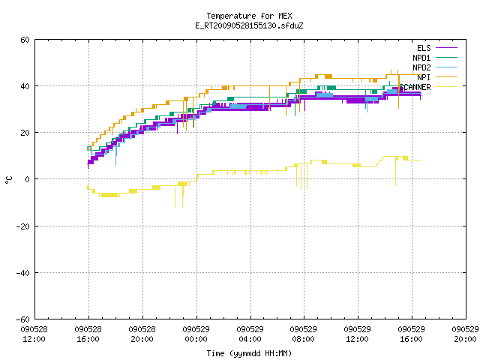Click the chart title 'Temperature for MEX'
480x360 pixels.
tap(249, 16)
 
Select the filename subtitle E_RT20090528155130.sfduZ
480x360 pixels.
tap(249, 25)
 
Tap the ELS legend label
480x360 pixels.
tap(424, 48)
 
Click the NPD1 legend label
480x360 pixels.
tap(421, 58)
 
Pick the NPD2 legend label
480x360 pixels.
tap(421, 67)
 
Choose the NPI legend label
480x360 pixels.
tap(424, 77)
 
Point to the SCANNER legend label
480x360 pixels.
tap(415, 87)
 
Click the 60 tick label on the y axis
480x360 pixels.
tap(25, 40)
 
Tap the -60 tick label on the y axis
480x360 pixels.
tap(23, 319)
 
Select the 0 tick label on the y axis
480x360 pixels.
tap(28, 179)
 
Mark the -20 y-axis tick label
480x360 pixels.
tap(23, 226)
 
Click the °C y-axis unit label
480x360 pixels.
tap(8, 180)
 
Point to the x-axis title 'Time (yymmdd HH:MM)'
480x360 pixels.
tap(249, 353)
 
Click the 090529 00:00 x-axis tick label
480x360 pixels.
tap(196, 334)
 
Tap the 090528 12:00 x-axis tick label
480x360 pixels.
tap(34, 334)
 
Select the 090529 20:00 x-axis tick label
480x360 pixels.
tap(465, 334)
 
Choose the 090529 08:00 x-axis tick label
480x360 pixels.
tap(303, 334)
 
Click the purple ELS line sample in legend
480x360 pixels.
tap(446, 48)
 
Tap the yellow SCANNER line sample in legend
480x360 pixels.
tap(446, 87)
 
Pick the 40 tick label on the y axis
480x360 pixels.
tap(25, 86)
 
